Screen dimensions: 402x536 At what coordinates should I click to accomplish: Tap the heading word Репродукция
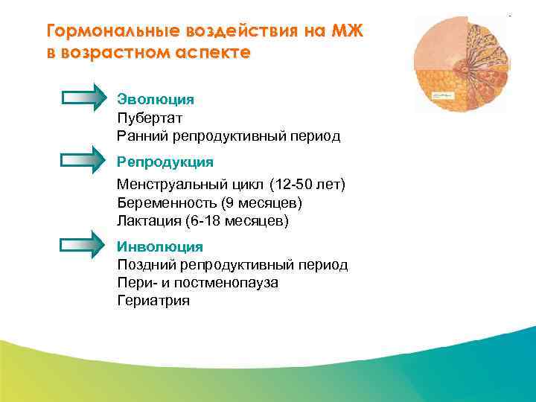pos(165,162)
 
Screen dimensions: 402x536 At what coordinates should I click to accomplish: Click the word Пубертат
pos(150,118)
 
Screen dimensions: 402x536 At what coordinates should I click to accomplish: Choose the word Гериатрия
pos(153,301)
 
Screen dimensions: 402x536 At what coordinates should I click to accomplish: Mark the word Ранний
pos(142,136)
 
